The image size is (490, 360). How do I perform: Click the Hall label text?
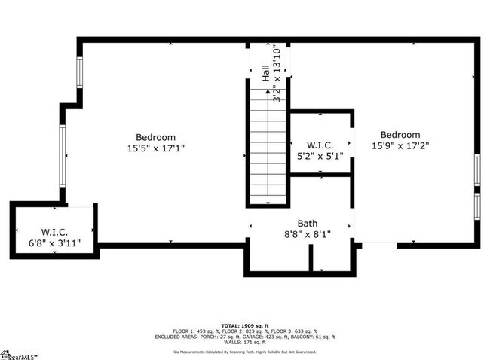(265, 72)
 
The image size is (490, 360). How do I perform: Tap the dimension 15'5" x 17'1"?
(156, 148)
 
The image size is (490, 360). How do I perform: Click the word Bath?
(308, 223)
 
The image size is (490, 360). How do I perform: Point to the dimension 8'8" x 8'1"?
(308, 233)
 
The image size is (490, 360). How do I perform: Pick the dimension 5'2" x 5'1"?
(320, 156)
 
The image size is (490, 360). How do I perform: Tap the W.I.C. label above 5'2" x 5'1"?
(320, 145)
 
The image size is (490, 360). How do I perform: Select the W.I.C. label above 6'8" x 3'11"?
(55, 232)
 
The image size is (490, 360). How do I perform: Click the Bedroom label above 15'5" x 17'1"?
(156, 138)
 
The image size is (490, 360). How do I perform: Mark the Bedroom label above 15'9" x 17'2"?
(400, 135)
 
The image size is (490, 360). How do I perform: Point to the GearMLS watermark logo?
(20, 354)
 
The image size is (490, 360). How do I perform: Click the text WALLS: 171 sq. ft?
(244, 343)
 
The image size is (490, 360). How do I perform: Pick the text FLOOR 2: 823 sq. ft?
(244, 331)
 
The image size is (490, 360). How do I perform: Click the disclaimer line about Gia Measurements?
(244, 351)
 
